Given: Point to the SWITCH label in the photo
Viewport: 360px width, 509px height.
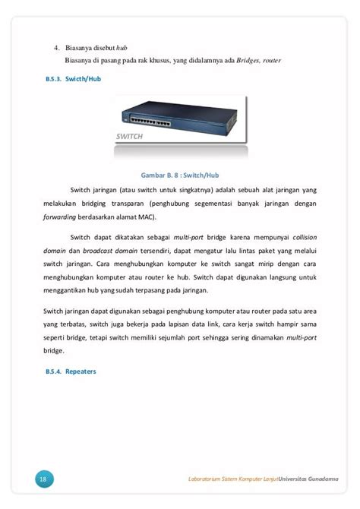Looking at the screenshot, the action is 130,138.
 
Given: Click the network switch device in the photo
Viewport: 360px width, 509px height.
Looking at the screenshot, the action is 178,117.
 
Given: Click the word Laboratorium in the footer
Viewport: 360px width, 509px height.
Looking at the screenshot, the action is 210,479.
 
